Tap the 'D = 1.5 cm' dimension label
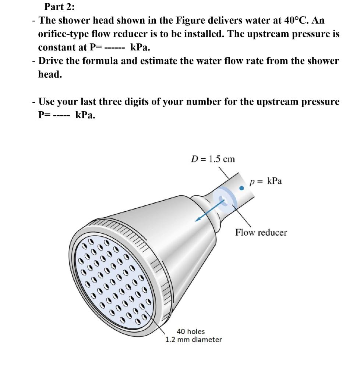point(213,159)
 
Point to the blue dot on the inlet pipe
point(241,188)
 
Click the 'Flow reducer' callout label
point(261,233)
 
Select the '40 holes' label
point(191,332)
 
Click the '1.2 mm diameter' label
point(194,339)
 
